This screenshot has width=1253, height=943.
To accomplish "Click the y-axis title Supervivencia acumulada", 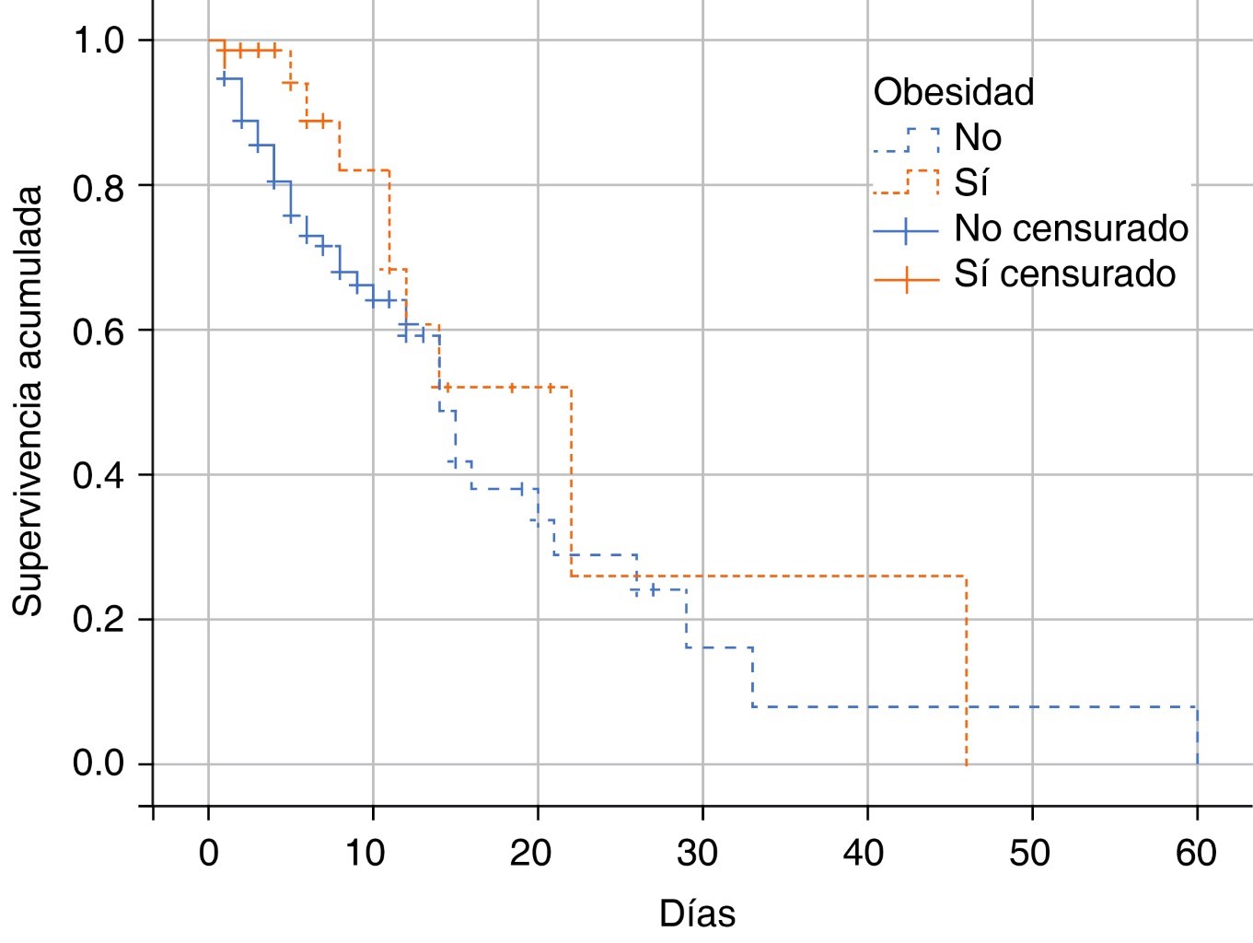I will click(28, 402).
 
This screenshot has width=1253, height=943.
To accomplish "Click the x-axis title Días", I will click(697, 914).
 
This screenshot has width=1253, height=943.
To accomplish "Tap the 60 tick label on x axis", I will click(1196, 854).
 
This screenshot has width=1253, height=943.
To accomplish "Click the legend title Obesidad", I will click(954, 92).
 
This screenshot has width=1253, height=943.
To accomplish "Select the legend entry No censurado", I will click(1071, 228).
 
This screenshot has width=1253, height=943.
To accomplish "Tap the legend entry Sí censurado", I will click(1064, 274).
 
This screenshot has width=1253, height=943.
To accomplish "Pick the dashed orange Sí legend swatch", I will click(907, 182).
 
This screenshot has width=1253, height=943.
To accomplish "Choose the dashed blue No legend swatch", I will click(907, 139).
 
